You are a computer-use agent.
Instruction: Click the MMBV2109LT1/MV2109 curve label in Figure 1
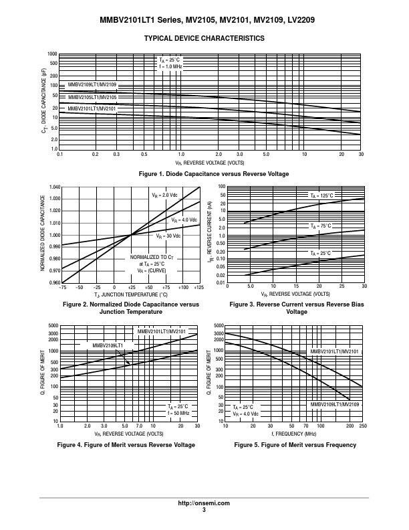(92, 84)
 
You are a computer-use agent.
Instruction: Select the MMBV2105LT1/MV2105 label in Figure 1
(92, 97)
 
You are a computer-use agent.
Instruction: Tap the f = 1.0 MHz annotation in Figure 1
(170, 67)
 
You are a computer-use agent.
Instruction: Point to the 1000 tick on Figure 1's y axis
(52, 54)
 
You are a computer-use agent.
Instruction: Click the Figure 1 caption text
(214, 174)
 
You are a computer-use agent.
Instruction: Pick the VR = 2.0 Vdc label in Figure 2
(164, 195)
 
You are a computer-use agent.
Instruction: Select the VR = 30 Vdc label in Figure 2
(168, 236)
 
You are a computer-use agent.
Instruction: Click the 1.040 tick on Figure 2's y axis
(55, 187)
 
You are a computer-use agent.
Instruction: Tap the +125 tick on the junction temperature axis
(199, 287)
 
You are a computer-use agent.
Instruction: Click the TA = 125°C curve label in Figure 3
(321, 195)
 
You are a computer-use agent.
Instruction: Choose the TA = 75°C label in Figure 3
(321, 226)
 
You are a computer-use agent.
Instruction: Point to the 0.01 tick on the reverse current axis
(221, 283)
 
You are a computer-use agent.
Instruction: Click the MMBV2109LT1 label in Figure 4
(108, 345)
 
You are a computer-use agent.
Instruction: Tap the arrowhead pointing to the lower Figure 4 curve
(128, 363)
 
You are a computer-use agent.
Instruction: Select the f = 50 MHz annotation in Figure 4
(178, 413)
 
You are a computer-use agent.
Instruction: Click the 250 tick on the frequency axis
(363, 426)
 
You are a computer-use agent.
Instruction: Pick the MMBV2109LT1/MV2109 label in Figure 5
(335, 404)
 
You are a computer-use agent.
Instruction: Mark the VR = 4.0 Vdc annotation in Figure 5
(246, 414)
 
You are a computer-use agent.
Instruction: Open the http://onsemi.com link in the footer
(204, 503)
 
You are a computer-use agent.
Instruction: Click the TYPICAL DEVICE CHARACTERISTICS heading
(204, 39)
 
